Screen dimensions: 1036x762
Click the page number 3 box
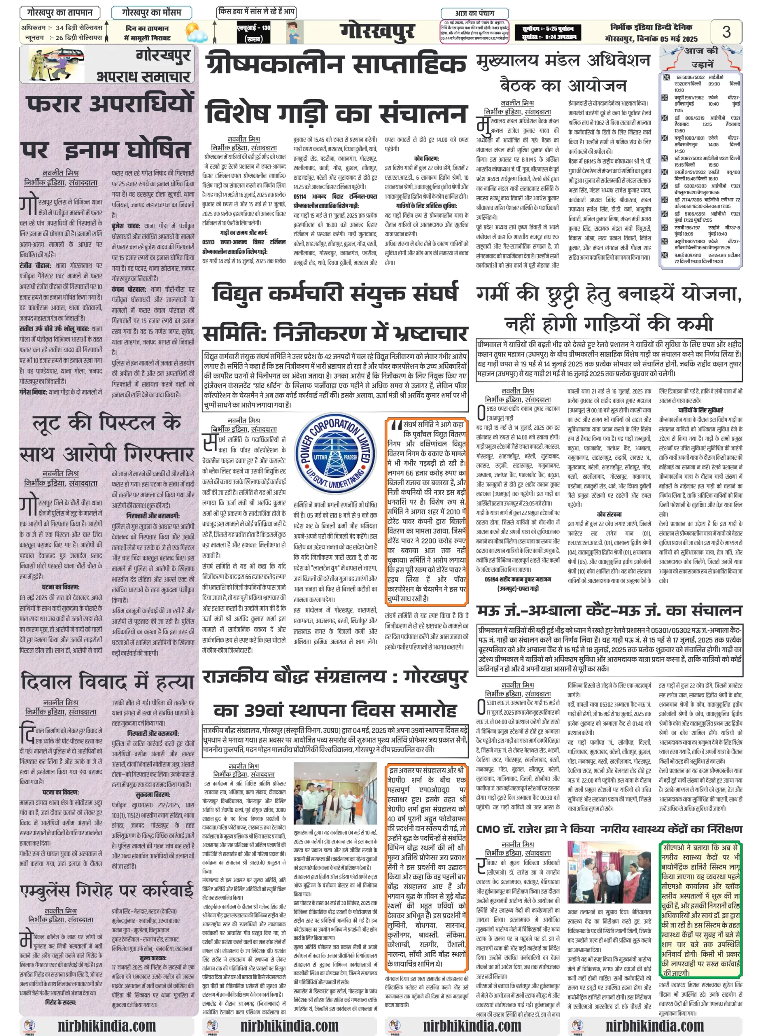tap(726, 32)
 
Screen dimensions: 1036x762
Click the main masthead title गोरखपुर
tap(377, 32)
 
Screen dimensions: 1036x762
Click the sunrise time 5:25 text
tap(549, 28)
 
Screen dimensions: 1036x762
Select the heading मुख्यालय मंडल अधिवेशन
tap(563, 60)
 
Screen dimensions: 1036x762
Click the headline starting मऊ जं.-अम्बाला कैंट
tap(609, 611)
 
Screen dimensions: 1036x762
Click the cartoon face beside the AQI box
tap(294, 32)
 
